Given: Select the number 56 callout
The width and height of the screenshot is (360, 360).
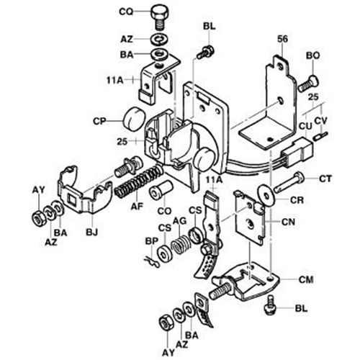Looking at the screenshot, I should [282, 39].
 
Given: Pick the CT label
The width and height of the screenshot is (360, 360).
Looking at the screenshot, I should [324, 176].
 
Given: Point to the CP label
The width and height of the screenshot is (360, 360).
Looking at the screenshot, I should [100, 121].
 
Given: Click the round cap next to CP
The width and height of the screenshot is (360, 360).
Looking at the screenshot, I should [131, 117].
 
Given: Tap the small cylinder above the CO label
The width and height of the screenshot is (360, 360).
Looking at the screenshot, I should [158, 191].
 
